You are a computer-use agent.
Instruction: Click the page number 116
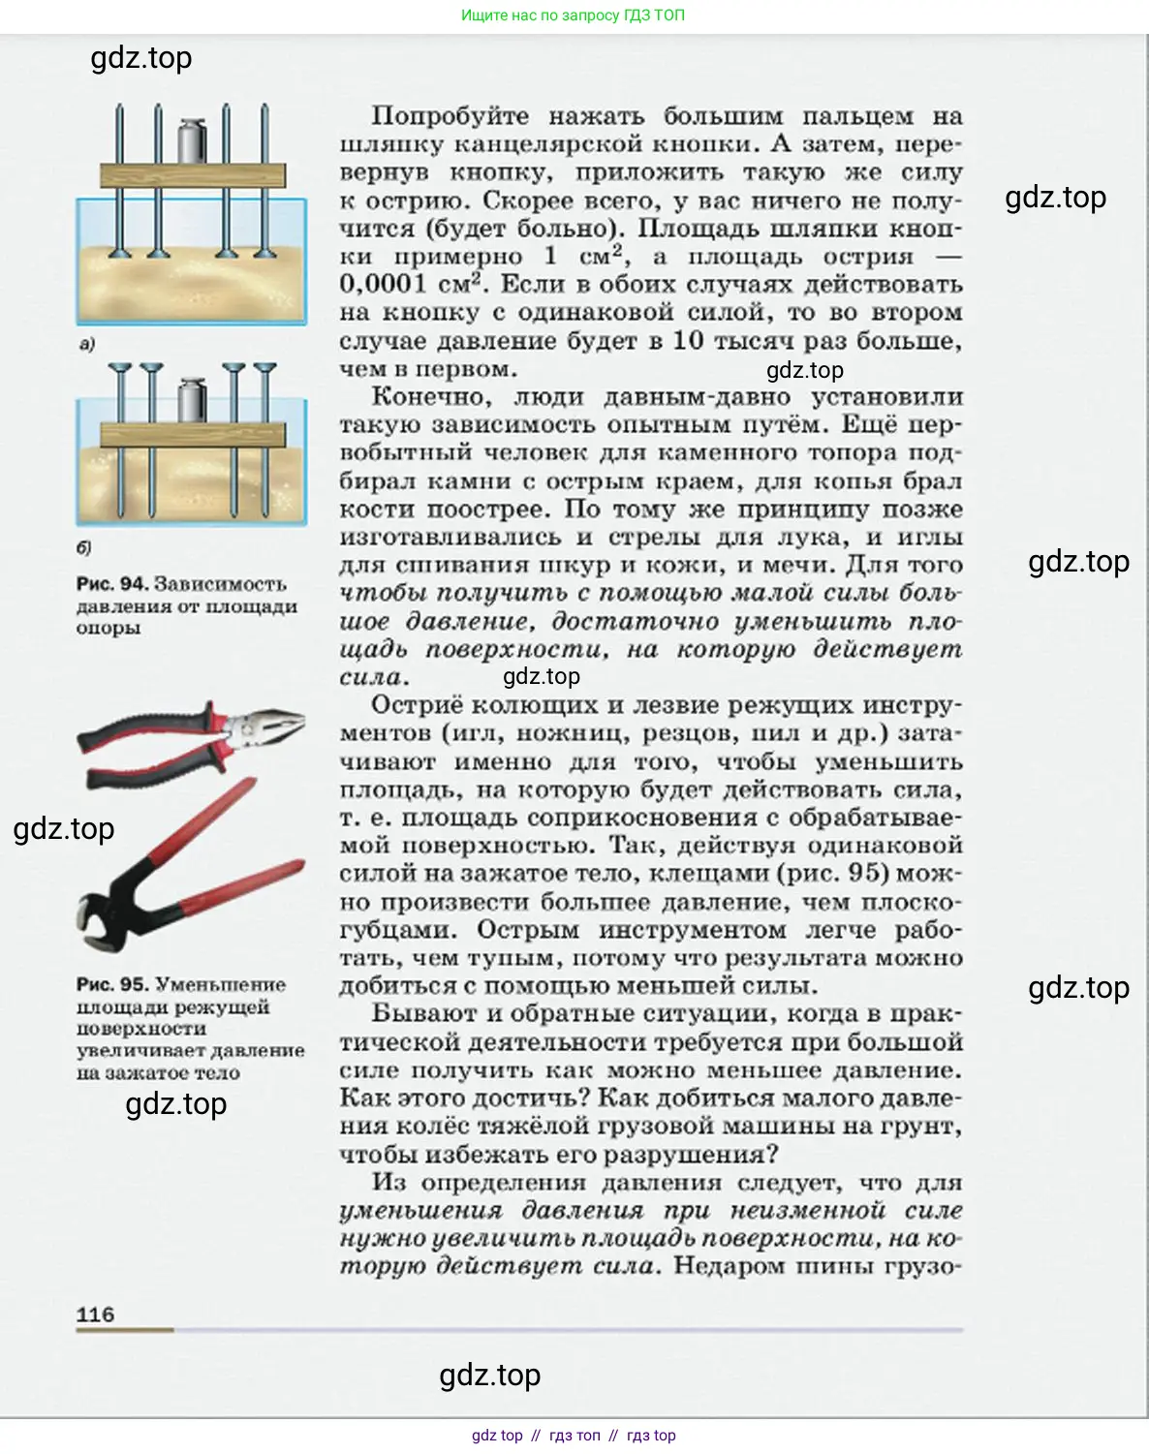pos(95,1314)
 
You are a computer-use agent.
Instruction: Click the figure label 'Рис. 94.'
pos(112,584)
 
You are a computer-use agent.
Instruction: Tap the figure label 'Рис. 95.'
pos(112,984)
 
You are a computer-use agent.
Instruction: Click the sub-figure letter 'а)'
pos(87,343)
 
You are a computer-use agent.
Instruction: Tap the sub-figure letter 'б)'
pos(84,547)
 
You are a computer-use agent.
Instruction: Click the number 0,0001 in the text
pos(383,284)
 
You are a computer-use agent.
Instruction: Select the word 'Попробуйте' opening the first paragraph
pos(450,116)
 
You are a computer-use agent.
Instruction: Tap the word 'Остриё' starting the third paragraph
pos(419,706)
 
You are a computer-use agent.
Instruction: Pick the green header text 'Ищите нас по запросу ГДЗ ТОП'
pos(573,15)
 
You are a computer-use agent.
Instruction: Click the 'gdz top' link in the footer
pos(497,1435)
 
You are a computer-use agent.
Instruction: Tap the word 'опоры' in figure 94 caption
pos(109,628)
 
